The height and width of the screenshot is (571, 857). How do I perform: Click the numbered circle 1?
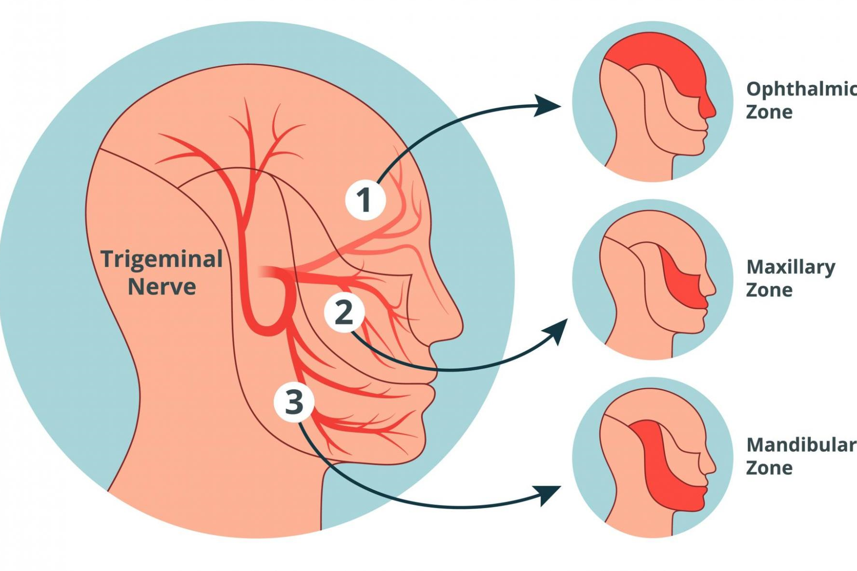tap(365, 200)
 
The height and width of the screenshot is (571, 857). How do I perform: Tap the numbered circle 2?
tap(344, 313)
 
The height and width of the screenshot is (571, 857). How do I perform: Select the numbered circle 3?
tap(294, 402)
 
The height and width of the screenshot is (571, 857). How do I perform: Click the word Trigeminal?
tap(162, 260)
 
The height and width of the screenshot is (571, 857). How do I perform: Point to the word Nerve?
tap(162, 287)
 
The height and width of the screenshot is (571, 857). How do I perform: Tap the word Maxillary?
tap(791, 267)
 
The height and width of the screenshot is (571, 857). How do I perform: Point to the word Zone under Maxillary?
tap(769, 290)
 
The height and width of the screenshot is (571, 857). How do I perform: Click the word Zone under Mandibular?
tap(769, 468)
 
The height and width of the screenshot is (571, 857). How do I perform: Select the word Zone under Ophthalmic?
tap(769, 112)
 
